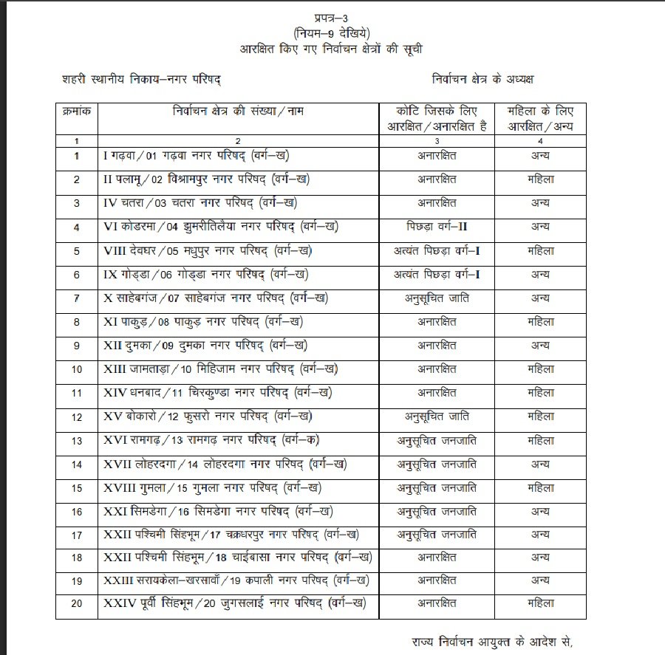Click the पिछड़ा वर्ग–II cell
[x=437, y=227]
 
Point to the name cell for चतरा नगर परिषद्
[x=201, y=203]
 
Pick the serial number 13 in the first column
[x=76, y=441]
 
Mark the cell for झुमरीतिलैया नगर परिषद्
[x=222, y=227]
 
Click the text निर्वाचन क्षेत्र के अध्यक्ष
[x=483, y=78]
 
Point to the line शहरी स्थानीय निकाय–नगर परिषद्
[x=141, y=78]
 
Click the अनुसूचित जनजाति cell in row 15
[x=437, y=488]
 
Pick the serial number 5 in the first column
[x=76, y=250]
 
